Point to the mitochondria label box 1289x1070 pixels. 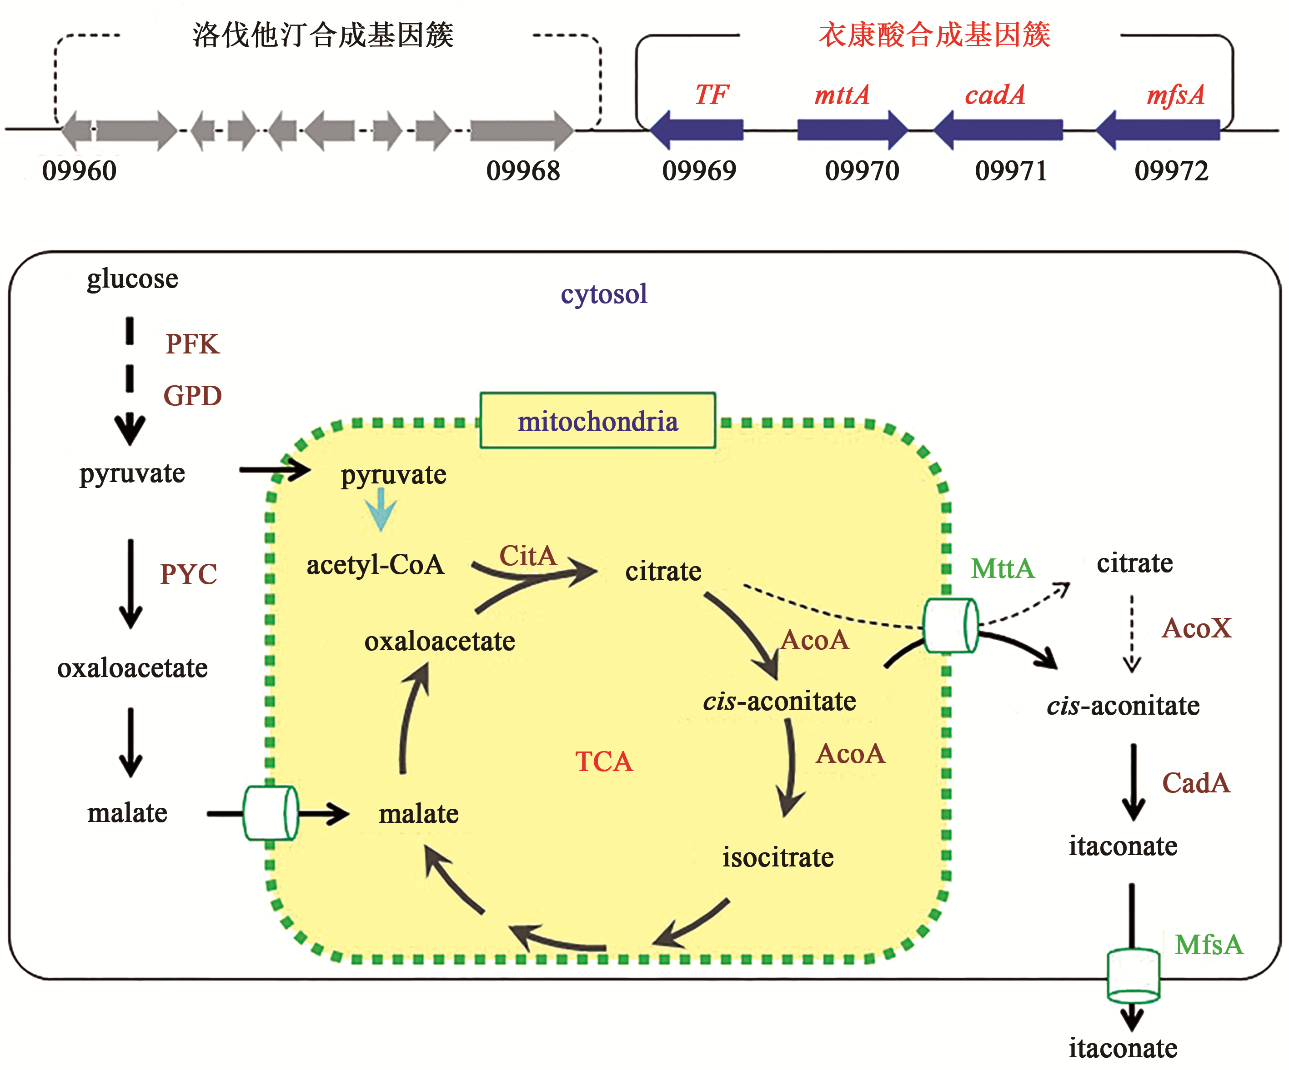click(597, 421)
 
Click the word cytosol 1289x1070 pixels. click(603, 294)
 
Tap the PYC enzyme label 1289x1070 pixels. click(188, 574)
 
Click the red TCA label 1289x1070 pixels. click(603, 761)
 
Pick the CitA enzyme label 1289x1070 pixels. click(527, 556)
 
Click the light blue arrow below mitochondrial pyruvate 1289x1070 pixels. click(381, 509)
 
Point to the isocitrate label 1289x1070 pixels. click(777, 857)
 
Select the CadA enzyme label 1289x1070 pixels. click(1196, 783)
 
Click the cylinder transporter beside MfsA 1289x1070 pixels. click(1133, 975)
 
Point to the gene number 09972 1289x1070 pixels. click(1171, 170)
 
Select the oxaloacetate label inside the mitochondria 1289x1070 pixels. click(440, 641)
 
